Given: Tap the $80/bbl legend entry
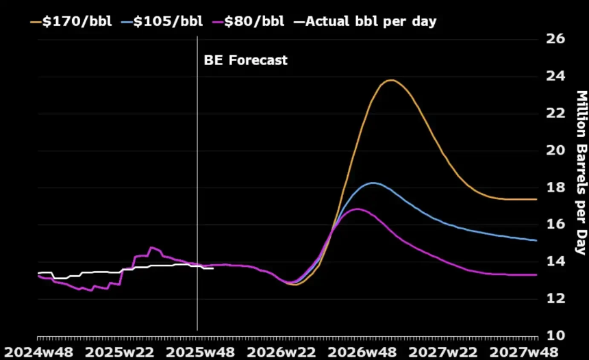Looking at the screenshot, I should coord(250,21).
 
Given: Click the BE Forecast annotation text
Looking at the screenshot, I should coord(245,60).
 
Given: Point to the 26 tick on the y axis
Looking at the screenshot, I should coord(555,38).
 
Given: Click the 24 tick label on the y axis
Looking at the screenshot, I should coord(555,76).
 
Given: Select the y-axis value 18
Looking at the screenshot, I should coord(555,188).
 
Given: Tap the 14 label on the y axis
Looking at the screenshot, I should coord(555,261).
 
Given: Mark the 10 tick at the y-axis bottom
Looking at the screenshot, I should coord(555,335).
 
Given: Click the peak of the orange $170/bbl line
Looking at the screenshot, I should coord(390,80).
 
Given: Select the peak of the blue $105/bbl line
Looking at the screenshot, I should coord(372,183).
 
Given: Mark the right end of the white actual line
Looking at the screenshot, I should coord(214,268).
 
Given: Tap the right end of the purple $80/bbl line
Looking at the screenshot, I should coord(536,274).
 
